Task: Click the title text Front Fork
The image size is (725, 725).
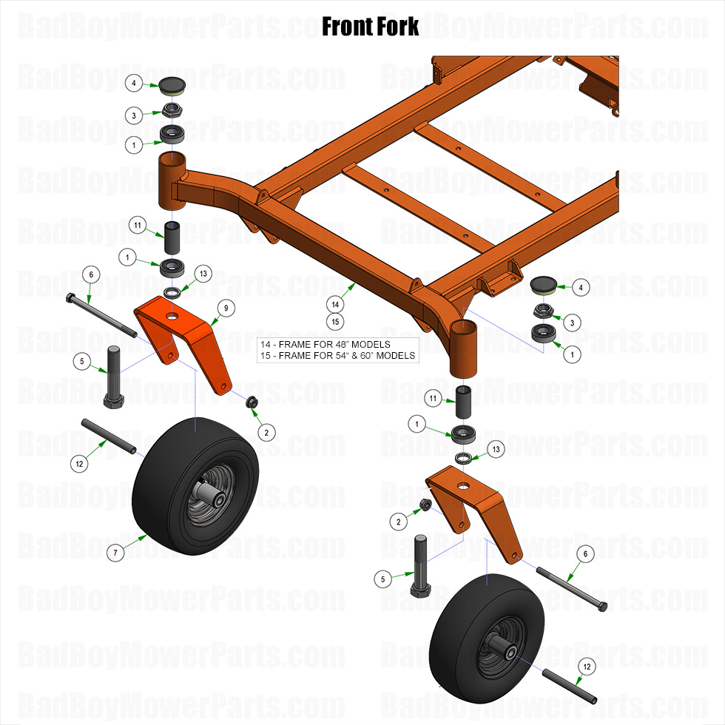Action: point(370,27)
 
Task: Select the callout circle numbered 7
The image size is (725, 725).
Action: point(115,552)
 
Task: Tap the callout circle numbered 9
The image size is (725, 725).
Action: point(226,307)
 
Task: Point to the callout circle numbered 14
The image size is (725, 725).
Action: point(335,304)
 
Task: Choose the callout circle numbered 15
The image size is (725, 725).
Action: point(335,322)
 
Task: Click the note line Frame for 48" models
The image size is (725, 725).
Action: point(326,345)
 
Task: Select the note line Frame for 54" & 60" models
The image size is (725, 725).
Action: point(337,356)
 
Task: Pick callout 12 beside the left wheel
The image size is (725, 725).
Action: point(80,464)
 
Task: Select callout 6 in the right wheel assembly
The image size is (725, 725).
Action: point(585,553)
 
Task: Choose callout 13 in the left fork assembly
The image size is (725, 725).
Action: point(203,274)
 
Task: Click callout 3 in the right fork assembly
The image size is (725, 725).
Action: point(570,323)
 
